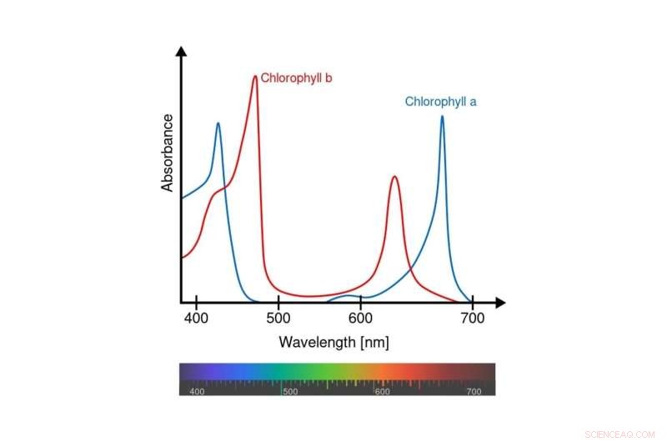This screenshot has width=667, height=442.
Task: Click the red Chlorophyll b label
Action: pyautogui.click(x=297, y=78)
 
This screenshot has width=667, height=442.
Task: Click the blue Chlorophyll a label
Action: pyautogui.click(x=440, y=102)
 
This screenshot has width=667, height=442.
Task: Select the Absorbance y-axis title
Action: pyautogui.click(x=168, y=153)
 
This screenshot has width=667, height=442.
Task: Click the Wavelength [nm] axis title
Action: pyautogui.click(x=333, y=342)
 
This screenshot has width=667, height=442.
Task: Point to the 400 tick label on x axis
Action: pyautogui.click(x=196, y=318)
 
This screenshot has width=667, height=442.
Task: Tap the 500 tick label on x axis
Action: pyautogui.click(x=278, y=318)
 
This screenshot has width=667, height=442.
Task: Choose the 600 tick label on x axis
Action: pyautogui.click(x=360, y=318)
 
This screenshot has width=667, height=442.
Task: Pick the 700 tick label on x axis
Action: pyautogui.click(x=472, y=318)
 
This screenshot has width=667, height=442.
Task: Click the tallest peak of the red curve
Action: pyautogui.click(x=254, y=77)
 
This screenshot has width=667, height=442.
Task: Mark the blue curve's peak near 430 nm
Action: pyautogui.click(x=218, y=124)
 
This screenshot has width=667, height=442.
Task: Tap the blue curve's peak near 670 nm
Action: pyautogui.click(x=442, y=117)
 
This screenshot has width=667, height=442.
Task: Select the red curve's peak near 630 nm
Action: pyautogui.click(x=394, y=177)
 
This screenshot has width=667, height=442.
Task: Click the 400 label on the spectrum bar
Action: pyautogui.click(x=198, y=391)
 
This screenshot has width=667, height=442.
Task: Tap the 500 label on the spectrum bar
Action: pyautogui.click(x=290, y=391)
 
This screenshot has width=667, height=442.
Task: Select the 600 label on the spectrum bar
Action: pyautogui.click(x=382, y=391)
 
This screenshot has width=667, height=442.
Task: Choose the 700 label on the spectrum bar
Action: pyautogui.click(x=474, y=391)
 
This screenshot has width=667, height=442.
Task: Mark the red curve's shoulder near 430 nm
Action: pyautogui.click(x=219, y=191)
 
